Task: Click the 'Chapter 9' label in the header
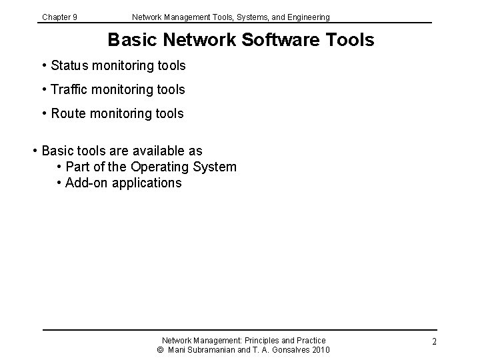click(x=59, y=17)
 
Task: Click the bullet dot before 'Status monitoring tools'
click(x=44, y=65)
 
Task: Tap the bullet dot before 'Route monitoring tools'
click(x=44, y=113)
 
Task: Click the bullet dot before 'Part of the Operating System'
click(x=60, y=167)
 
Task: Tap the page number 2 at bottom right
click(x=434, y=341)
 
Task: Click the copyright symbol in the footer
click(x=160, y=350)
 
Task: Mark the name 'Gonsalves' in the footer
click(x=287, y=350)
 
